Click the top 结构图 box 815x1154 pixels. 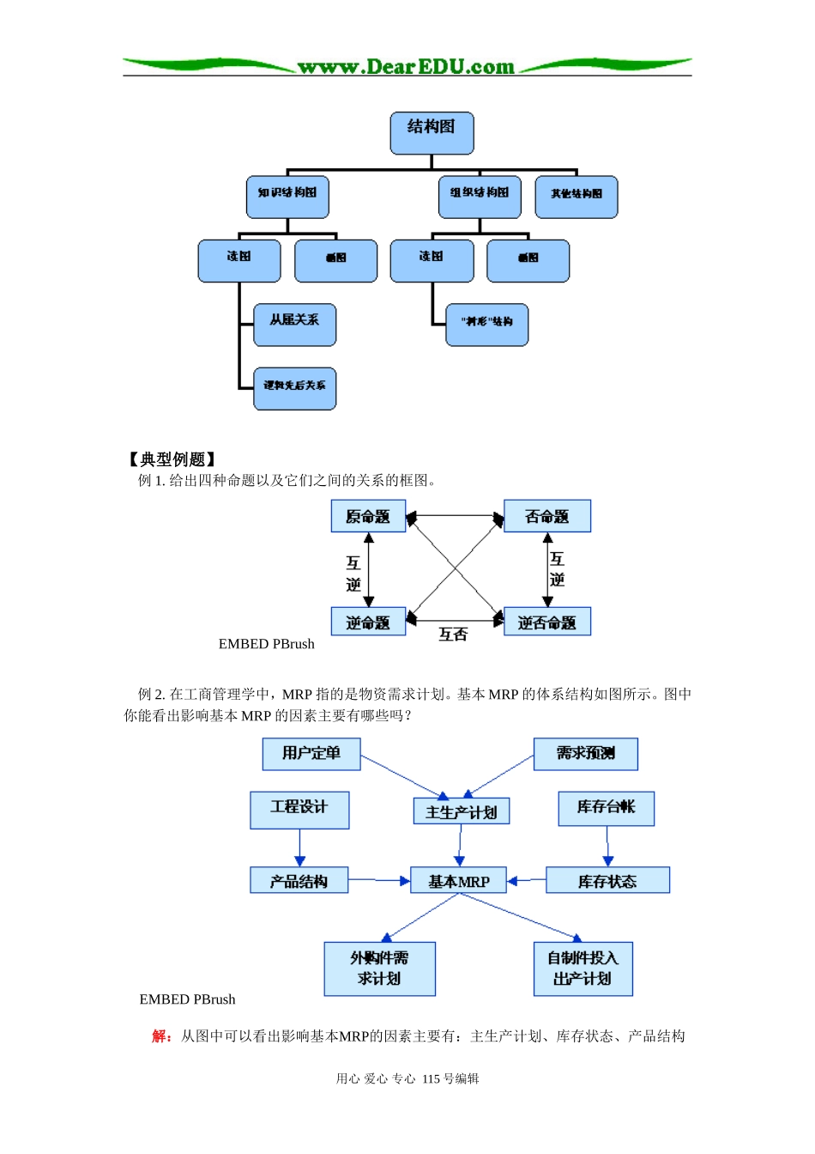click(432, 133)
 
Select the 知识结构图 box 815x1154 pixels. click(287, 197)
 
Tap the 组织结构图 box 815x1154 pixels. click(480, 197)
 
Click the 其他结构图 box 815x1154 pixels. click(576, 197)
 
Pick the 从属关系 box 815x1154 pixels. click(294, 325)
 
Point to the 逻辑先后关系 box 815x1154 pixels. click(294, 388)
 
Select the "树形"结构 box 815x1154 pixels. click(486, 325)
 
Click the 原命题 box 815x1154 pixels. click(368, 516)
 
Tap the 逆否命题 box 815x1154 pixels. click(546, 622)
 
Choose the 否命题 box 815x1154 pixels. click(546, 516)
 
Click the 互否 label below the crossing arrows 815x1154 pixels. click(453, 635)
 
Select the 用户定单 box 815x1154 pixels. click(311, 753)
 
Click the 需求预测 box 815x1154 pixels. click(585, 753)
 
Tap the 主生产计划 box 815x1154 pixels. click(462, 811)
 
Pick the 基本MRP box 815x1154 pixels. click(458, 881)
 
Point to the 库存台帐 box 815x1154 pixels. click(606, 808)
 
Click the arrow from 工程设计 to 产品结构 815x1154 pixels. click(299, 847)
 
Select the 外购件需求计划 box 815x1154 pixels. click(379, 969)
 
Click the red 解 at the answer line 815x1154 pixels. click(160, 1036)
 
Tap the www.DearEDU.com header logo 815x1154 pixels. click(406, 67)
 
